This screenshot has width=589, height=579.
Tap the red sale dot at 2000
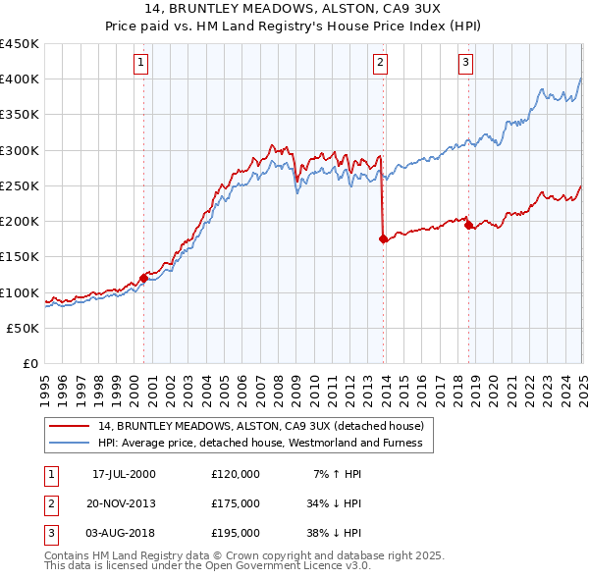coord(143,278)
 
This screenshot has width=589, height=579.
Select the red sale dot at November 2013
coord(383,238)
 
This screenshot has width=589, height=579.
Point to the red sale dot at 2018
coord(468,224)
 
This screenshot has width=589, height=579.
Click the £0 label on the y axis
coord(29,364)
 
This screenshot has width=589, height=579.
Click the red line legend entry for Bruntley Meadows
coord(260,427)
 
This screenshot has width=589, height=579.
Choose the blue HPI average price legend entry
coord(260,444)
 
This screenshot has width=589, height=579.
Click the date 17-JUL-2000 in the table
coord(124,474)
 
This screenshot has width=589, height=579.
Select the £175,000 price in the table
coord(235,503)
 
